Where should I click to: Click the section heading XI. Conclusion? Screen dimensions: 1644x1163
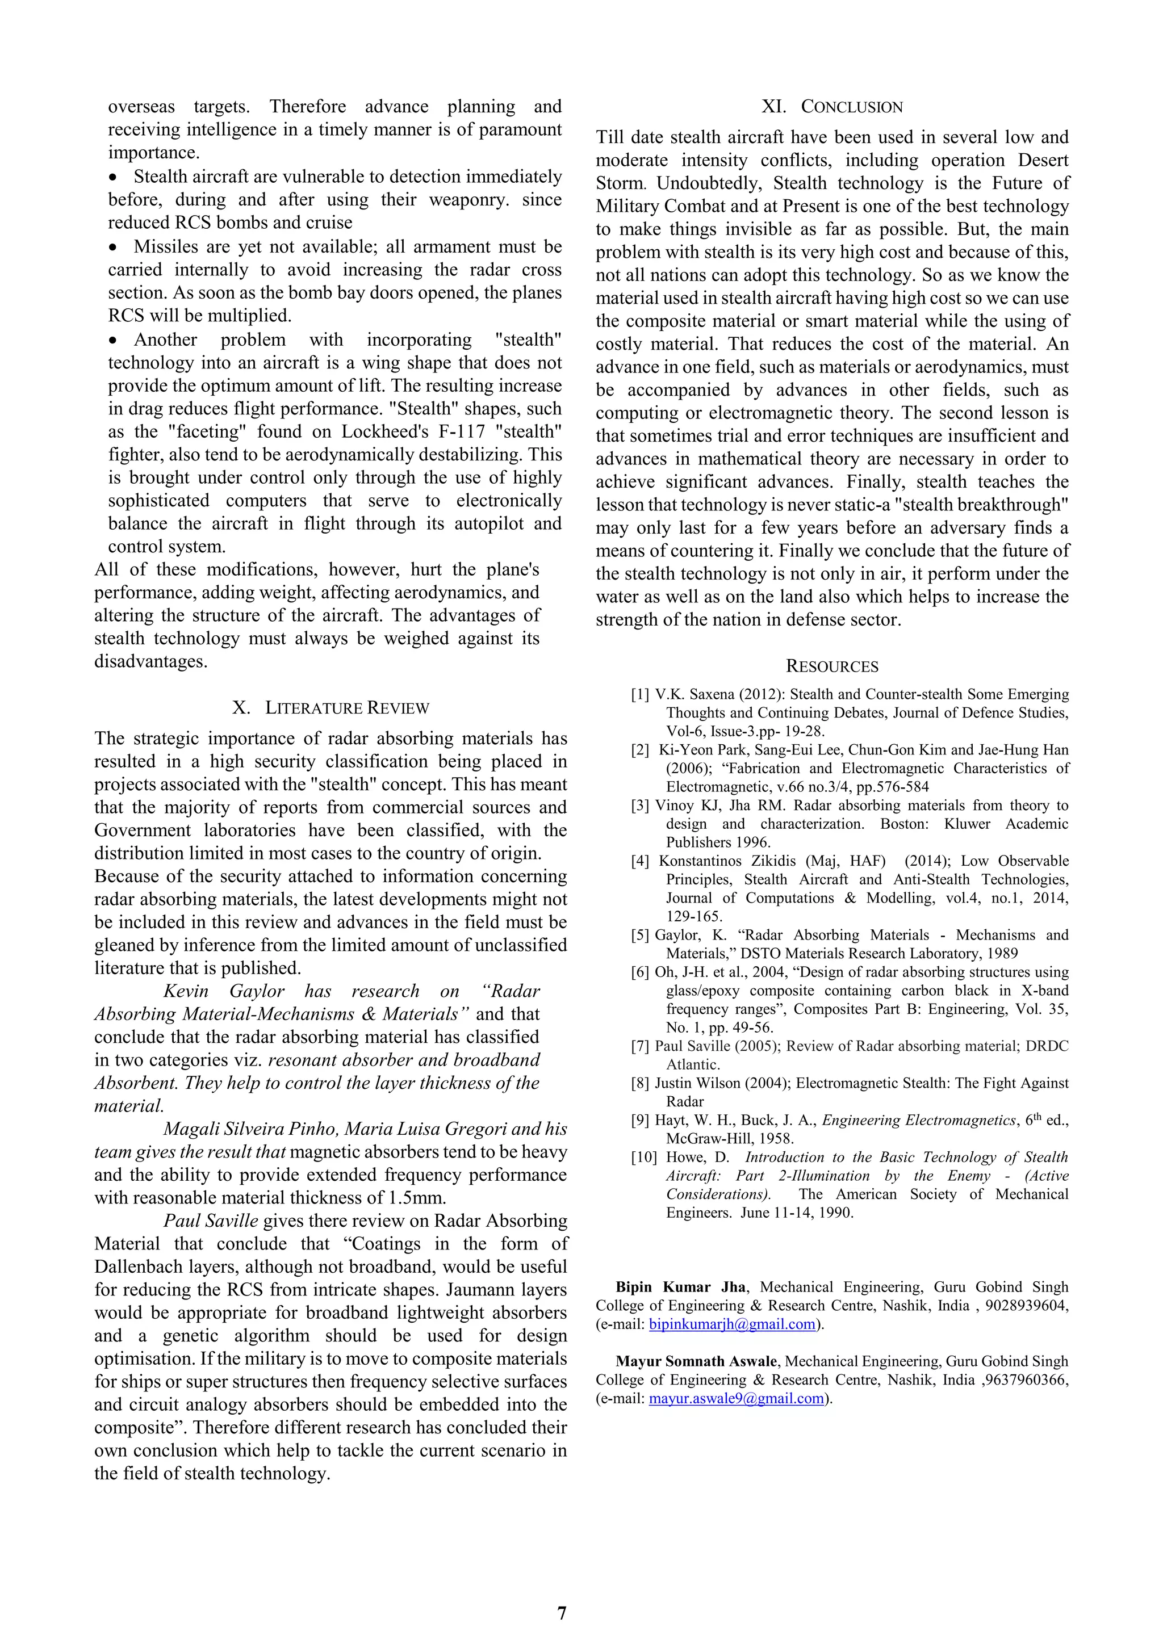(831, 107)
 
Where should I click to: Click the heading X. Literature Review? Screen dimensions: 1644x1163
(331, 708)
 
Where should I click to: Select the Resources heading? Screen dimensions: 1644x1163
(831, 666)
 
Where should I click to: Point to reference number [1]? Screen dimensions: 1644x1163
(640, 694)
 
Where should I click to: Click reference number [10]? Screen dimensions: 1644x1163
(643, 1157)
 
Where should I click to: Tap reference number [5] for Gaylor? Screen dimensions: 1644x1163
(640, 935)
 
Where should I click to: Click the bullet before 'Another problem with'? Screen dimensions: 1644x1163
(112, 340)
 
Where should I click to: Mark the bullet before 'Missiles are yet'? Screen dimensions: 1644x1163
(112, 247)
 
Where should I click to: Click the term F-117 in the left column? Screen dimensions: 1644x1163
(453, 432)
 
